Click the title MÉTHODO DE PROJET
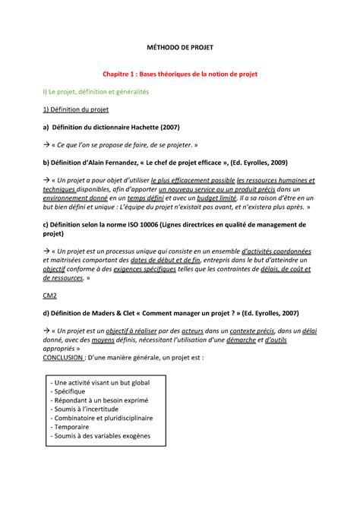pyautogui.click(x=181, y=48)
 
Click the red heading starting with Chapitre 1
pyautogui.click(x=181, y=75)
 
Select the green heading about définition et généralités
pyautogui.click(x=96, y=91)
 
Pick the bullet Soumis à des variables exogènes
pyautogui.click(x=103, y=436)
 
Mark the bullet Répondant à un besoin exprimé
pyautogui.click(x=99, y=399)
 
